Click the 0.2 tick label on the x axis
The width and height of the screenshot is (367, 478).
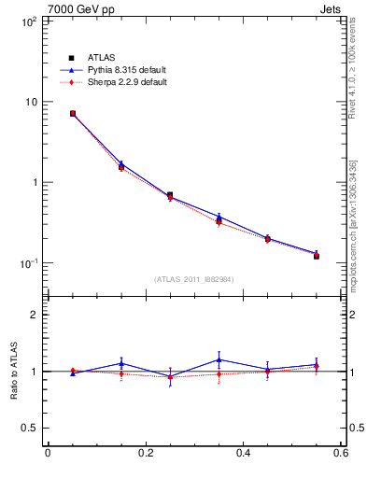click(x=145, y=454)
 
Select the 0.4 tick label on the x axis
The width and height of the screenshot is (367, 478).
click(x=243, y=454)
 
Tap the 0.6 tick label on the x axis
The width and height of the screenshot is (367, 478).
click(x=341, y=454)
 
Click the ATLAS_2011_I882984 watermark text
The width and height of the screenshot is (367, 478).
click(x=194, y=279)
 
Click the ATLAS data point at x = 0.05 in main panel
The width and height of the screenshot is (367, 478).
click(x=72, y=114)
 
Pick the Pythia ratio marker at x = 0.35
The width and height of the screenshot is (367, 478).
click(x=219, y=359)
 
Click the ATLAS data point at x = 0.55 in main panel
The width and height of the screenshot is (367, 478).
click(x=317, y=255)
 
